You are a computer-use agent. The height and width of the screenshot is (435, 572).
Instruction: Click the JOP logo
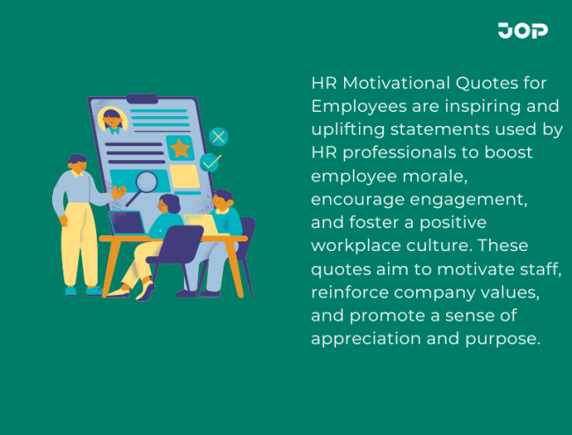pos(522,31)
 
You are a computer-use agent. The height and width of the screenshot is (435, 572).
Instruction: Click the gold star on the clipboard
pos(180,148)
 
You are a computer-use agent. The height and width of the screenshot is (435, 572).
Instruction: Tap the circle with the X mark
pos(219,136)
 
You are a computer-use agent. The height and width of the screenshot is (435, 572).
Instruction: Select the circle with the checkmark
pos(210,163)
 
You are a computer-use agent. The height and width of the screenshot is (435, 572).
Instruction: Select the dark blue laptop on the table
pos(128,223)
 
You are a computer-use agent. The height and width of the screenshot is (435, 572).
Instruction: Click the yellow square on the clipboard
pos(185,177)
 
